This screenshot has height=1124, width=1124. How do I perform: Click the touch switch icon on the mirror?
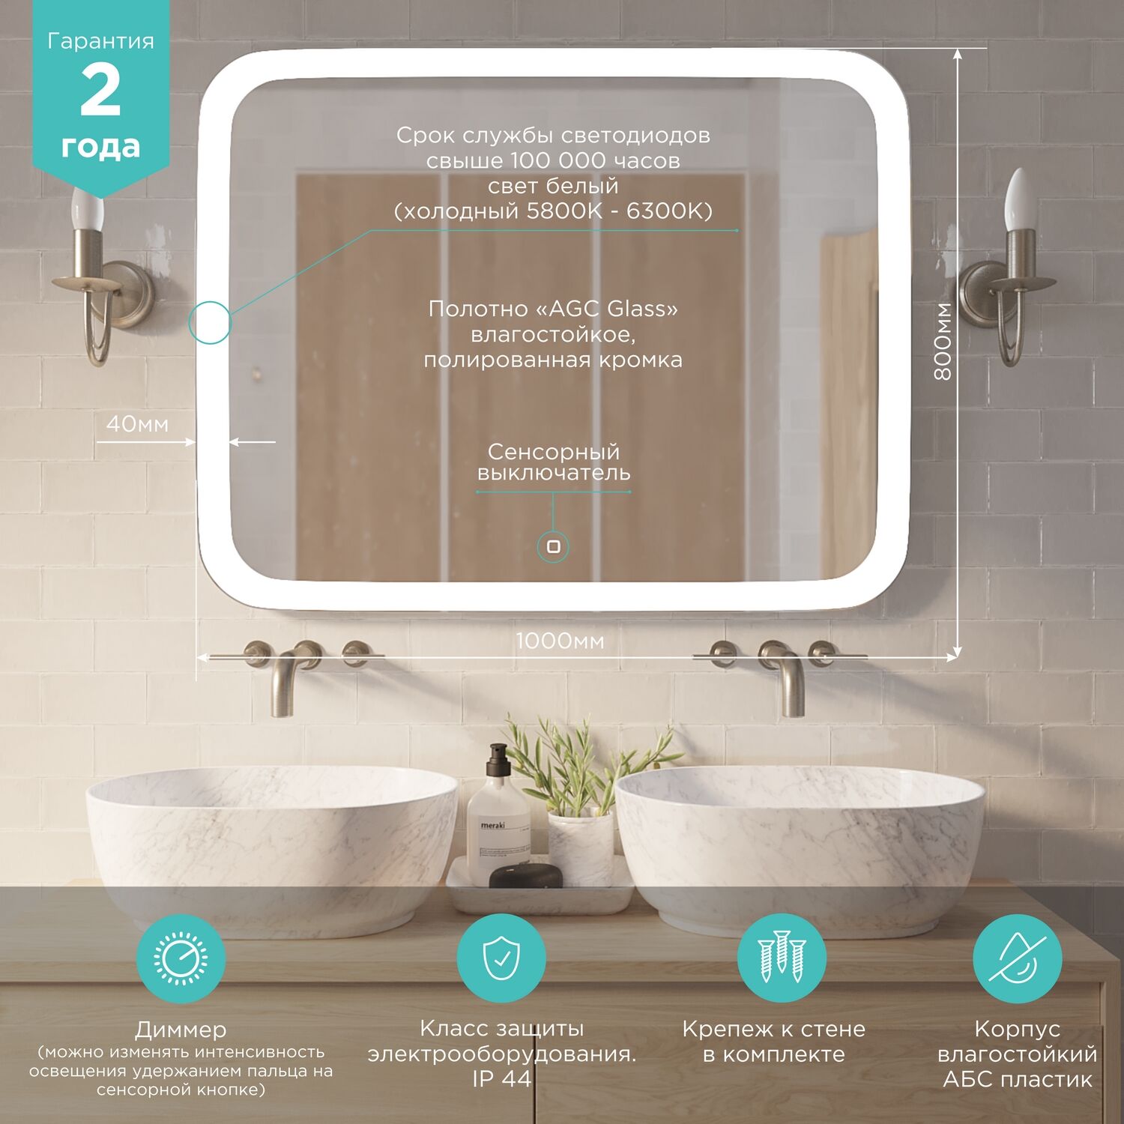coord(554,546)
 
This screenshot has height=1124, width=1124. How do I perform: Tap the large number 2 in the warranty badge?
coord(100,91)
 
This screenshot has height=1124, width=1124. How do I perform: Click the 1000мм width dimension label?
coord(560,641)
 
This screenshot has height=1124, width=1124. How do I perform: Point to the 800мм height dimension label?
coord(943,341)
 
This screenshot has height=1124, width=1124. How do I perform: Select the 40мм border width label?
coord(137,424)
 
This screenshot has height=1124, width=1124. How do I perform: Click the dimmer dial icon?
coord(181,958)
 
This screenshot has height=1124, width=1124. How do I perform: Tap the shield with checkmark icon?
coord(501,958)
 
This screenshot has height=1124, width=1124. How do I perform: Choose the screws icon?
coord(782,958)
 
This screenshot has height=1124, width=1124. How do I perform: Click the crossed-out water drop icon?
coord(1017,958)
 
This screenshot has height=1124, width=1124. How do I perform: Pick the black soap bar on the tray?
coord(525,875)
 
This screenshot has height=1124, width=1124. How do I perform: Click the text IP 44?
coord(501,1079)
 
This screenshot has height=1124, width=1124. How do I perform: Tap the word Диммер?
coord(181,1030)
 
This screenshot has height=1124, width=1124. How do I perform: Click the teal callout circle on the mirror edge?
coord(210,323)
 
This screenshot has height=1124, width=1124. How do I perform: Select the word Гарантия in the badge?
coord(100,41)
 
